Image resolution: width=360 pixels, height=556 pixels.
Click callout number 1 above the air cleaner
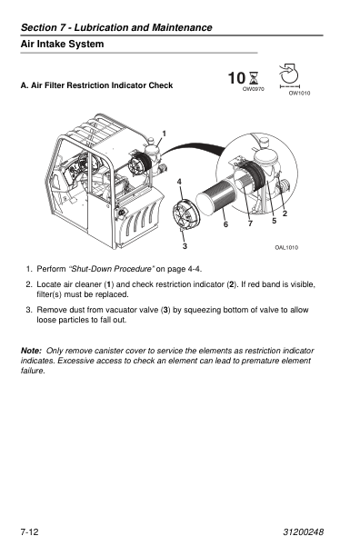(x=164, y=134)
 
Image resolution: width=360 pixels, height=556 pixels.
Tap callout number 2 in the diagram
(x=285, y=213)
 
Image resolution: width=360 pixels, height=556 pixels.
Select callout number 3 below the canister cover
(x=185, y=246)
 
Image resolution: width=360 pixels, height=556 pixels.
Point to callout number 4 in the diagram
(x=179, y=182)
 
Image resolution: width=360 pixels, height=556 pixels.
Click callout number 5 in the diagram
(x=275, y=221)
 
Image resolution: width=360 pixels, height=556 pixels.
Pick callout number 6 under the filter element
(x=225, y=224)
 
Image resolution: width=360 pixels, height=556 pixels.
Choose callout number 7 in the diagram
(x=250, y=223)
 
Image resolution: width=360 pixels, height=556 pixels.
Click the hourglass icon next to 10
(x=254, y=78)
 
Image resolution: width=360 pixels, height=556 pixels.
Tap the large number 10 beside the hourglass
(x=236, y=78)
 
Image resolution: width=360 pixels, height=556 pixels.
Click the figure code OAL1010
(x=286, y=247)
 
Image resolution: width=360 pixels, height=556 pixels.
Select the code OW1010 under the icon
(x=299, y=94)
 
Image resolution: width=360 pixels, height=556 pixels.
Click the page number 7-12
(x=30, y=531)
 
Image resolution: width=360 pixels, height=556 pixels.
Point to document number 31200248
(x=304, y=531)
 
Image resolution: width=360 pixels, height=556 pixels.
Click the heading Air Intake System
(x=62, y=44)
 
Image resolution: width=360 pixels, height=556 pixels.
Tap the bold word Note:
(x=31, y=351)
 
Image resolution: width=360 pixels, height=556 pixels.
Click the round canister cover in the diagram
(x=186, y=215)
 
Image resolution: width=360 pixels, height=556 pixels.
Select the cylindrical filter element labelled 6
(x=215, y=199)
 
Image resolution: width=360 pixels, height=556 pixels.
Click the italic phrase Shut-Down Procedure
(x=112, y=269)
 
